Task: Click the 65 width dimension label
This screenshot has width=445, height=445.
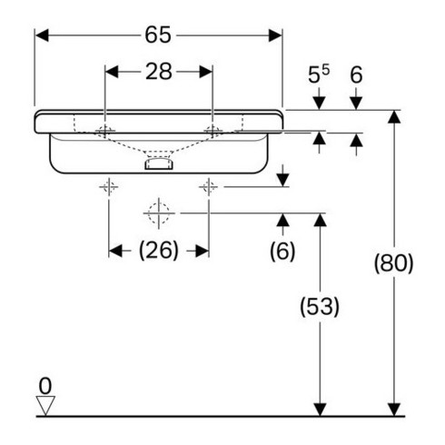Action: pos(158,35)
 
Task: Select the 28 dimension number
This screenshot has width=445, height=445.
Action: pos(159,72)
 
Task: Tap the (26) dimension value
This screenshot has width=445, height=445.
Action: pos(159,251)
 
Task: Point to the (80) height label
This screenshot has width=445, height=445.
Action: pos(393,263)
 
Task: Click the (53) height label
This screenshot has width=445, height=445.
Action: pos(320,306)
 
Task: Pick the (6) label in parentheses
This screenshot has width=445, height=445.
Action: pos(282,251)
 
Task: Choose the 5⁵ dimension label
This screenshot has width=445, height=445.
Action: pos(319,74)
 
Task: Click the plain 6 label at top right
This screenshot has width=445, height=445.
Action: pos(356,74)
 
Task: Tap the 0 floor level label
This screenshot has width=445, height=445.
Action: pos(45,386)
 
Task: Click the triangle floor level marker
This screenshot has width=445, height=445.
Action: pos(45,405)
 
